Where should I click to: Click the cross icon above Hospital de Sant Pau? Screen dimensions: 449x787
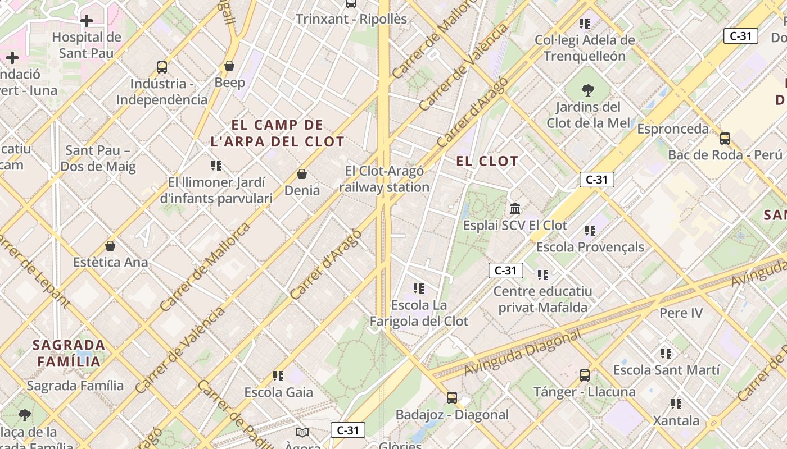pos(87,21)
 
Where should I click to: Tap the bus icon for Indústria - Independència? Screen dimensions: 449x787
pos(162,67)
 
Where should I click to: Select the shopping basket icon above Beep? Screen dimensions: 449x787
pos(229,66)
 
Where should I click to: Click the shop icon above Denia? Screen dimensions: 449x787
pos(302,174)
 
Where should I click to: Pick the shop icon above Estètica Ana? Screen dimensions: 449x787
pos(110,246)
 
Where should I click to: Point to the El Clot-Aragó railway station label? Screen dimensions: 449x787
pos(385,179)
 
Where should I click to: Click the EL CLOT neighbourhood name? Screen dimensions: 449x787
pos(487,162)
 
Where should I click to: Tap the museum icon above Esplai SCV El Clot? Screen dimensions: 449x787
pos(515,209)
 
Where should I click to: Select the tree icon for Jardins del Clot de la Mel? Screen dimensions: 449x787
pos(588,90)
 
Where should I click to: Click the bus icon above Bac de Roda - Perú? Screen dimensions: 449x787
pos(725,138)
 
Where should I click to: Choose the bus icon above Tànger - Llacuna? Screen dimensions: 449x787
pos(585,375)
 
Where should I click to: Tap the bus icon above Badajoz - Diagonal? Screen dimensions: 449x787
pos(452,398)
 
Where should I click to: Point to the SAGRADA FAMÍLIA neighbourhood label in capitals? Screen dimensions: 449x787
pos(69,353)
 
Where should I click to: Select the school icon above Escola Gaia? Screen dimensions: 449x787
pos(278,375)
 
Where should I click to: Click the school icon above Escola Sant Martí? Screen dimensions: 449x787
pos(666,354)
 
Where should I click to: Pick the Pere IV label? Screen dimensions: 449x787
pos(681,313)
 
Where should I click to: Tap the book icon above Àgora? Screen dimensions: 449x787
pos(302,432)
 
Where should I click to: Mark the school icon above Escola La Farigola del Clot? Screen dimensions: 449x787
pos(419,288)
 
